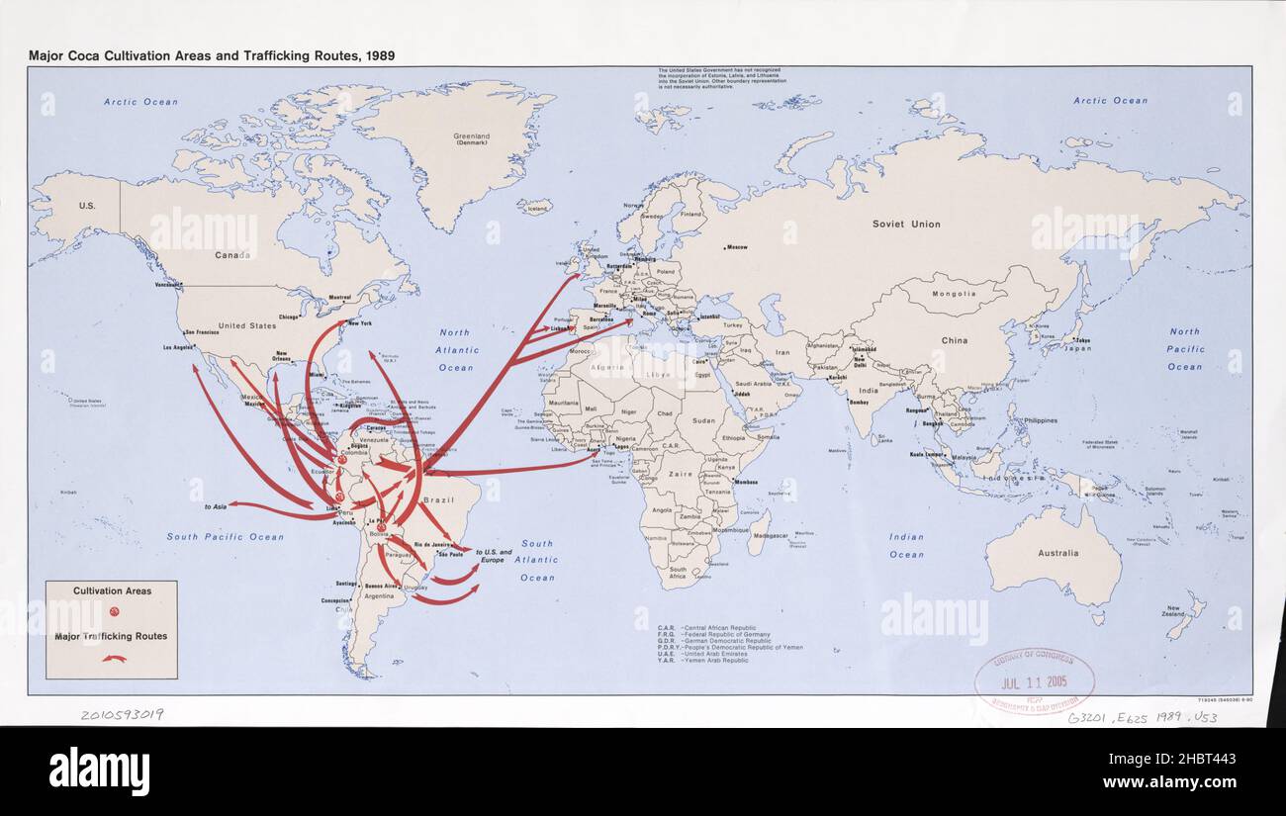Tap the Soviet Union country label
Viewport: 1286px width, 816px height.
coord(906,225)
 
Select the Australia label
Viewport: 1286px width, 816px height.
coord(1057,553)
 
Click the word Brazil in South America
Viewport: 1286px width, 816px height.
coord(438,500)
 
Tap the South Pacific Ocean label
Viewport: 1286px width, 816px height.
coord(225,537)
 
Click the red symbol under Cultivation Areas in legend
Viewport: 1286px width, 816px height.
coord(113,612)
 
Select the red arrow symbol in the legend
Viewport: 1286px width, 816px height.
coord(113,659)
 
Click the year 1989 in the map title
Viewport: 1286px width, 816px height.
coord(378,56)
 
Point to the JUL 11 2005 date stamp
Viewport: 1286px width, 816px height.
coord(1034,682)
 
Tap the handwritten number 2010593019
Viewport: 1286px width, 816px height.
coord(122,714)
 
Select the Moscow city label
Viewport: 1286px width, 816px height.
coord(736,247)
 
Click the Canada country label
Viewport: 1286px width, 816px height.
coord(233,255)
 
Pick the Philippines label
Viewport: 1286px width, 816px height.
coord(1040,420)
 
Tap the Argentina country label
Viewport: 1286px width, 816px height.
coord(378,596)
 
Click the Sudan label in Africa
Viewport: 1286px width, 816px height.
coord(703,420)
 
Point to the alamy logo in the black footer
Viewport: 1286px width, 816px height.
coord(99,771)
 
